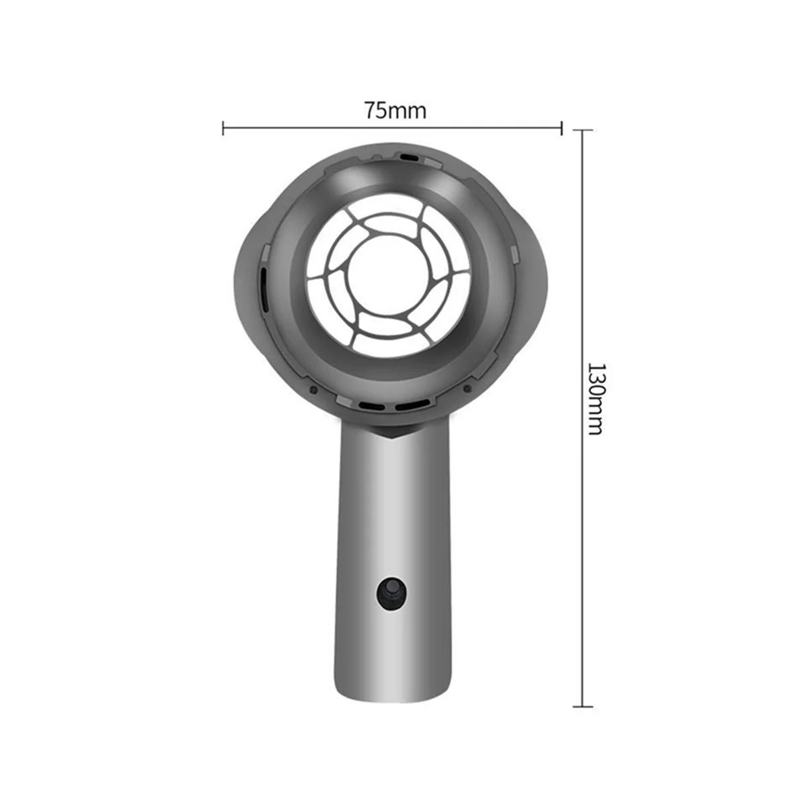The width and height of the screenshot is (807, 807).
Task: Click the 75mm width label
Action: [x=395, y=110]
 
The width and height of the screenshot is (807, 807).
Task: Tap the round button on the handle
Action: [x=392, y=593]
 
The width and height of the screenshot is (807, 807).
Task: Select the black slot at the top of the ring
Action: [x=408, y=157]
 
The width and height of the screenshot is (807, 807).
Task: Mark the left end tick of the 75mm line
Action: [x=223, y=128]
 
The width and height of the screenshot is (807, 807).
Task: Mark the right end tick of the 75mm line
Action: [x=562, y=128]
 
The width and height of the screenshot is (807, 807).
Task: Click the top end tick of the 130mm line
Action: [x=582, y=130]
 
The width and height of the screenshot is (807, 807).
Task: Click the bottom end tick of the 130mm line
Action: [x=582, y=706]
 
